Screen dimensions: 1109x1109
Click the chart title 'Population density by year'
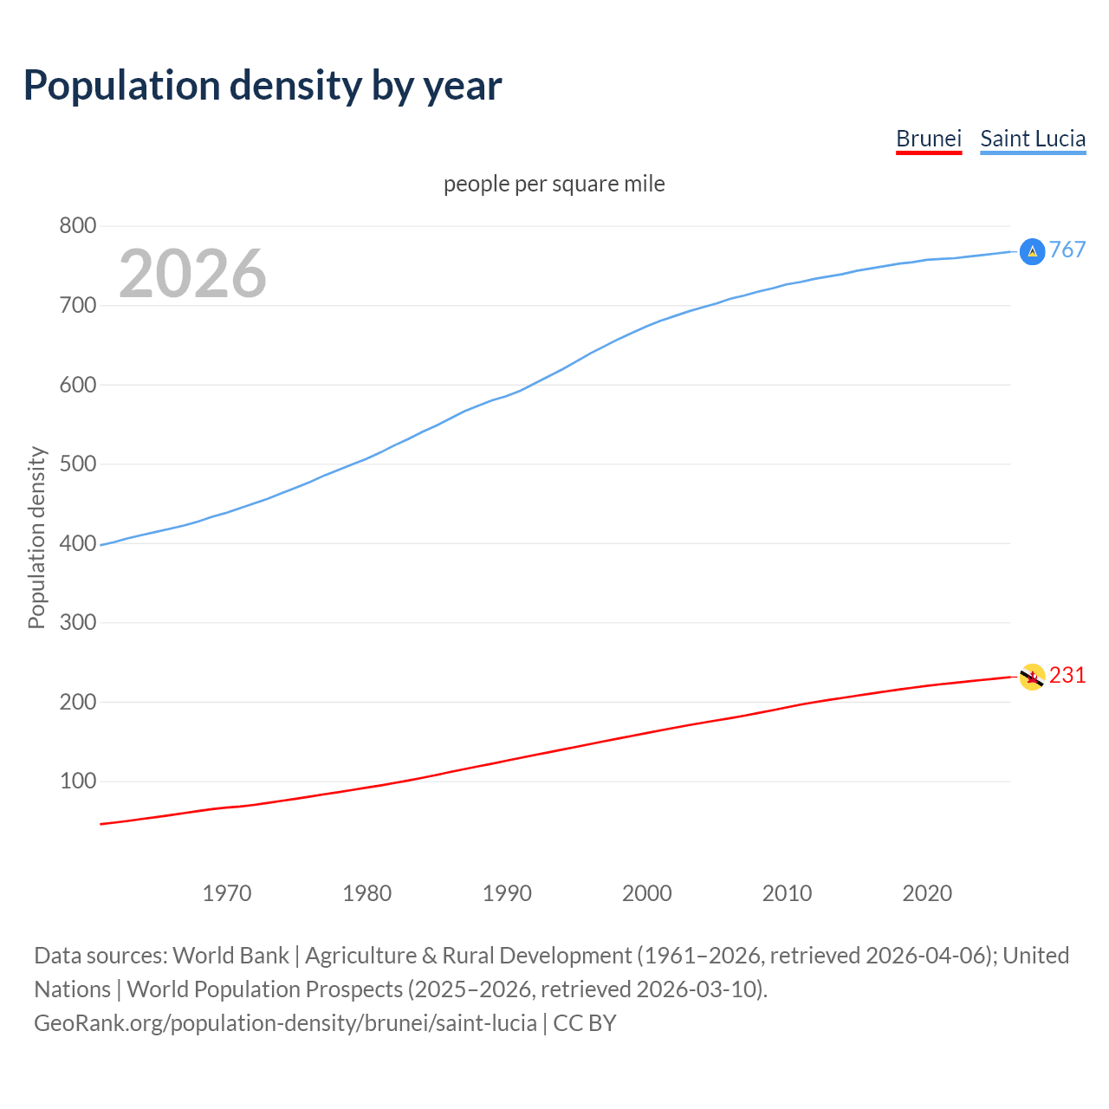(263, 86)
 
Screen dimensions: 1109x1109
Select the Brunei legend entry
(929, 139)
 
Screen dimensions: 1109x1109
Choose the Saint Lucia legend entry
(1033, 139)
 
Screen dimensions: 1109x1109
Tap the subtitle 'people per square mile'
(554, 184)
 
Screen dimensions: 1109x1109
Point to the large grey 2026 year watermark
(192, 274)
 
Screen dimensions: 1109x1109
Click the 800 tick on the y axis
(77, 226)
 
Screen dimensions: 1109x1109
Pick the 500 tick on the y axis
(77, 464)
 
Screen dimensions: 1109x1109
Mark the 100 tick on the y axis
(77, 781)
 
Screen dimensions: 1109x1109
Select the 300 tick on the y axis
(77, 622)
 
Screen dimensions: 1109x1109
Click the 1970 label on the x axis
(227, 893)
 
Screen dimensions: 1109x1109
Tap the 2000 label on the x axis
(647, 893)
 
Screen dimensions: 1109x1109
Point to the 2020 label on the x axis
(927, 893)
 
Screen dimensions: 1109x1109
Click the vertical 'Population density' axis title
(36, 537)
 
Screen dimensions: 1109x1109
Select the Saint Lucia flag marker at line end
(1032, 251)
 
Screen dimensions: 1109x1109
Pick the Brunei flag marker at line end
(1032, 677)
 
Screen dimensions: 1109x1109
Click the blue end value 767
(1067, 250)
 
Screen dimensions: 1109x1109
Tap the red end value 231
(1067, 676)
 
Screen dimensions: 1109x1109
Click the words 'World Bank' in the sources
(230, 956)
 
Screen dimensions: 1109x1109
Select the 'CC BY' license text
(585, 1023)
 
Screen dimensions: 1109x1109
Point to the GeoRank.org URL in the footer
(285, 1023)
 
